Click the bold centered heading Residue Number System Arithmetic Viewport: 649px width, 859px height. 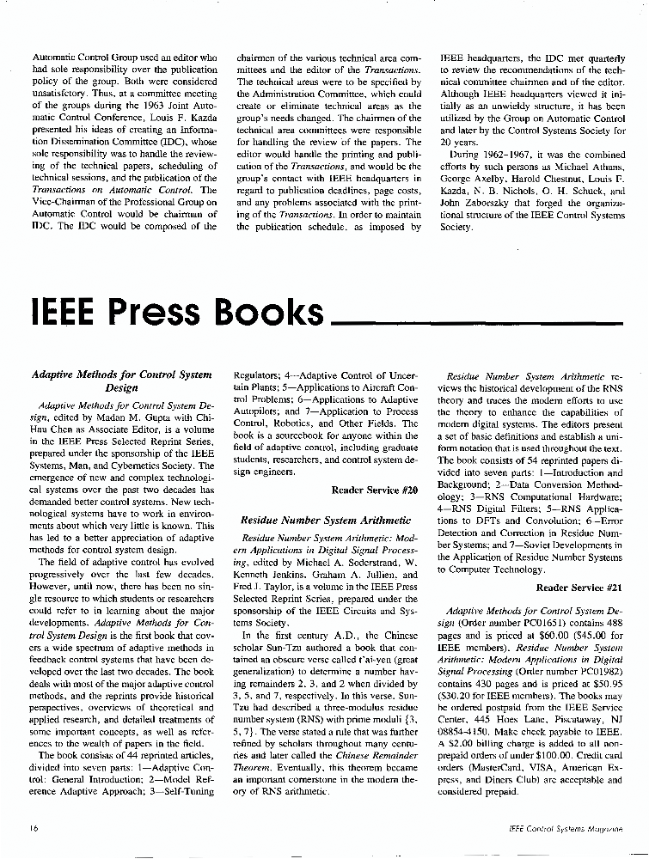[326, 520]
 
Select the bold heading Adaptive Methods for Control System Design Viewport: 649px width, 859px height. [121, 381]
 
